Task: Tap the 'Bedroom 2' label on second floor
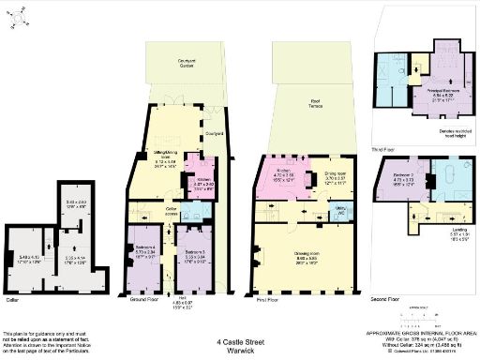[x=405, y=174]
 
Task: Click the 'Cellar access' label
[x=172, y=211]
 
